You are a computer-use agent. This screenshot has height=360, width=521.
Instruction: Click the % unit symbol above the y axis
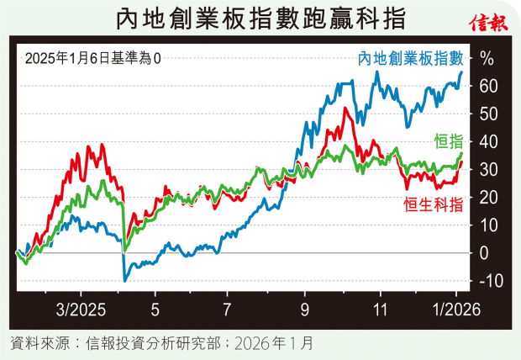click(487, 59)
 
